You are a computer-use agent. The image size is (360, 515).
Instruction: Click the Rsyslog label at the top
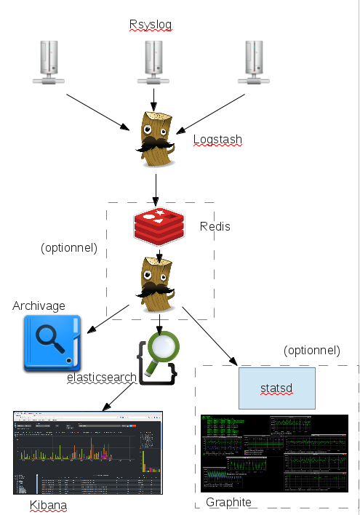[151, 25]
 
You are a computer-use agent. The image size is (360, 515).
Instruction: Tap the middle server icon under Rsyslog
[153, 63]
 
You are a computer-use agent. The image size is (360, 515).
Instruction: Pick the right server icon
[254, 63]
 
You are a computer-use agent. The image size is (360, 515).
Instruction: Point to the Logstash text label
[217, 140]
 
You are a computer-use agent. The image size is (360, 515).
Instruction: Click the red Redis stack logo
[158, 225]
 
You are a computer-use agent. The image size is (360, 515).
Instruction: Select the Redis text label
[215, 227]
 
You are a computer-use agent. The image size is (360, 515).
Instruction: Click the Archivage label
[39, 306]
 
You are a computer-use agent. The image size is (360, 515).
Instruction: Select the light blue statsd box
[276, 388]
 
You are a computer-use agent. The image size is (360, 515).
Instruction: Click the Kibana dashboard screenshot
[88, 453]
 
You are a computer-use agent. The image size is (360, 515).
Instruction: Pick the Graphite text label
[228, 502]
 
